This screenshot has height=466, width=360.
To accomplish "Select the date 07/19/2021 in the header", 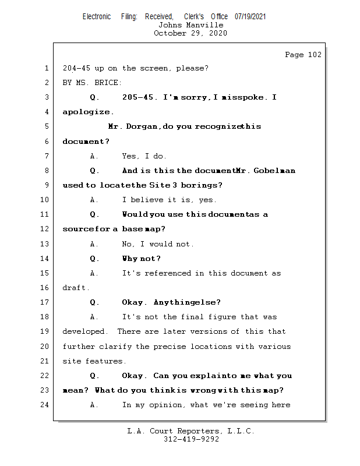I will [x=250, y=17].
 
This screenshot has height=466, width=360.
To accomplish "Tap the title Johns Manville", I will [x=190, y=25].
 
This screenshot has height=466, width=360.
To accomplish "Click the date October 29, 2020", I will [x=190, y=33].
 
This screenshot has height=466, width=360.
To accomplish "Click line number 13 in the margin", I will [x=45, y=243].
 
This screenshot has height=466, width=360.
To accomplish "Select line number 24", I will [x=45, y=405].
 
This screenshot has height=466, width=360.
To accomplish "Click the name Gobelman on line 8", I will [x=274, y=171].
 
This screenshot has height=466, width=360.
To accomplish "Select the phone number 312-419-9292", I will [x=190, y=439].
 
